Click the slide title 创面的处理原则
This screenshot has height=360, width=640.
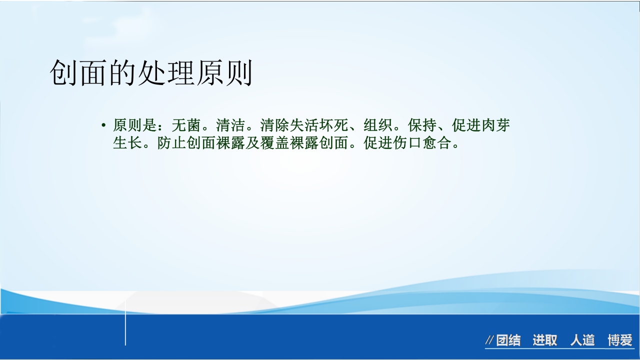(150, 74)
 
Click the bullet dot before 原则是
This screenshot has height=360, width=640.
(103, 125)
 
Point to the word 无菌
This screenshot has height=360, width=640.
(186, 125)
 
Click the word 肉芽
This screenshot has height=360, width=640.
(495, 125)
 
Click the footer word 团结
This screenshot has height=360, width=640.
(508, 341)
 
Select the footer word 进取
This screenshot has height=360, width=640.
(544, 341)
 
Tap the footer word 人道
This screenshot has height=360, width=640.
(582, 341)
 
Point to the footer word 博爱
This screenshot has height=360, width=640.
(620, 341)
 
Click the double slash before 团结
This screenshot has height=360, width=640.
(489, 341)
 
